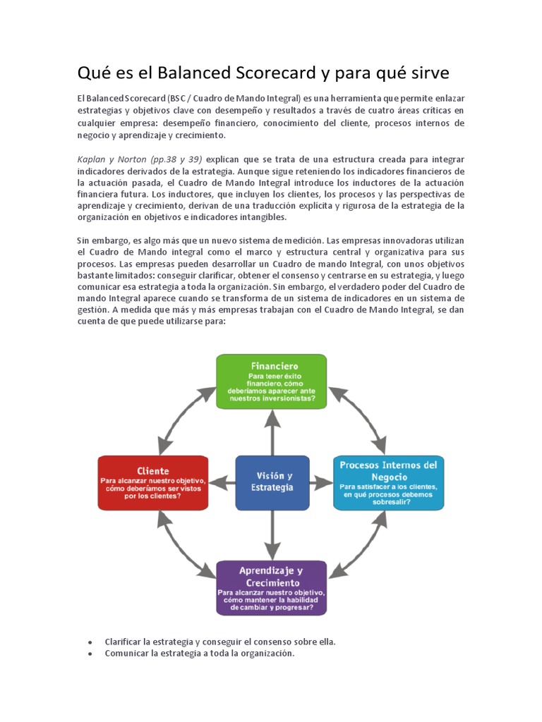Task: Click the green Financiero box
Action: pos(271,381)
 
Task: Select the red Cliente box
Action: pos(153,482)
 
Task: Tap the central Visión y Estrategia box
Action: pos(272,482)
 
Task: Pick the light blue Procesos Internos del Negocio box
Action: pos(388,482)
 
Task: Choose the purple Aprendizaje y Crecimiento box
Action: pos(271,587)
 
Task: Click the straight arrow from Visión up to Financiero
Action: pos(272,432)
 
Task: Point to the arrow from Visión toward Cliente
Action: pos(222,483)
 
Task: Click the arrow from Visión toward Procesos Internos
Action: pos(321,483)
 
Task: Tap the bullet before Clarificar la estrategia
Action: pos(91,642)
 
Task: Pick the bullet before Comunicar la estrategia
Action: pos(91,654)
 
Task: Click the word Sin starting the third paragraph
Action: pos(84,241)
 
